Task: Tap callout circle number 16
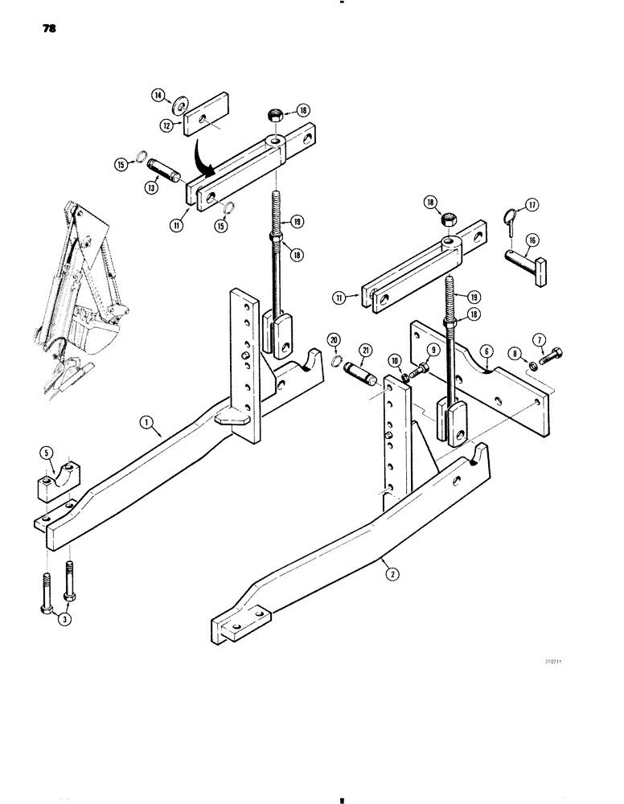coord(532,240)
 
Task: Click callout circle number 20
coord(335,342)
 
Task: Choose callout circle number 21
coord(366,349)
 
